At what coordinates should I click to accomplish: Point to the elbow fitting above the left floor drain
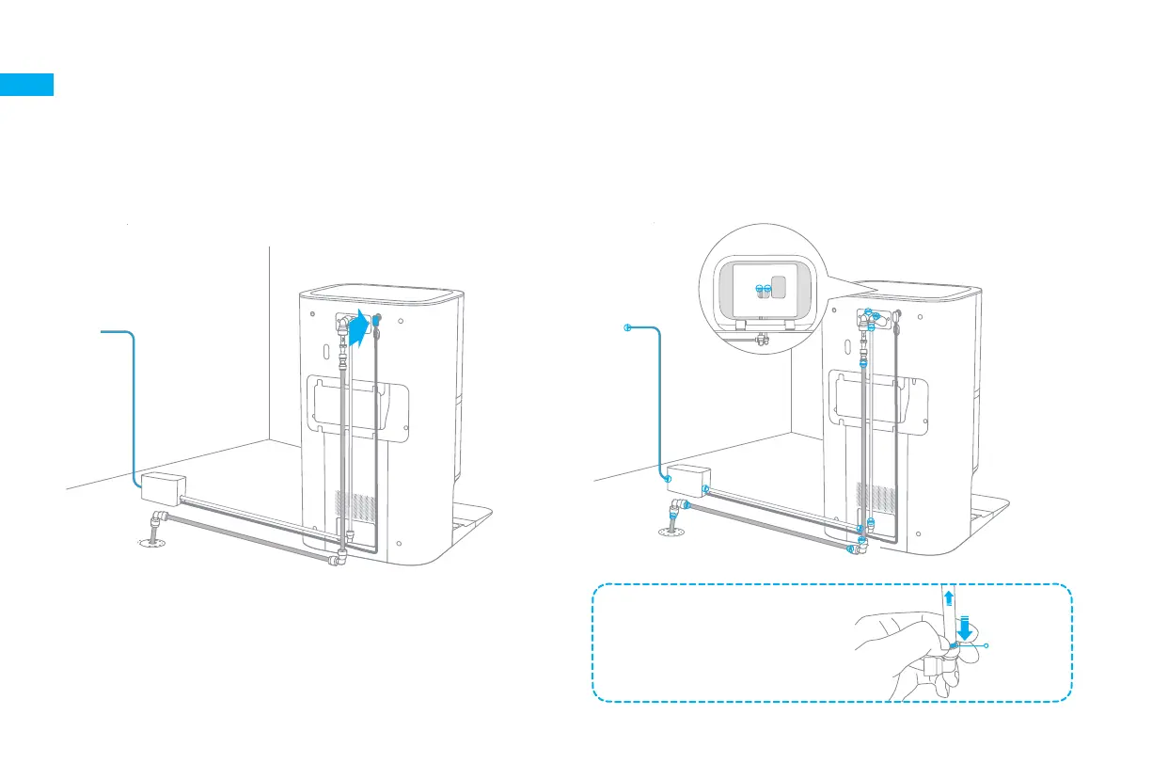156,519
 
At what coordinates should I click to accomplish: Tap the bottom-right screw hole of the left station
401,544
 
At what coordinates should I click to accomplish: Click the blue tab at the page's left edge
26,84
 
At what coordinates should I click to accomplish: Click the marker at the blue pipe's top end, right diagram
626,327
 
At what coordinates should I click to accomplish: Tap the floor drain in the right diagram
670,533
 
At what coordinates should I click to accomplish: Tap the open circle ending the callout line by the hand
986,645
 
